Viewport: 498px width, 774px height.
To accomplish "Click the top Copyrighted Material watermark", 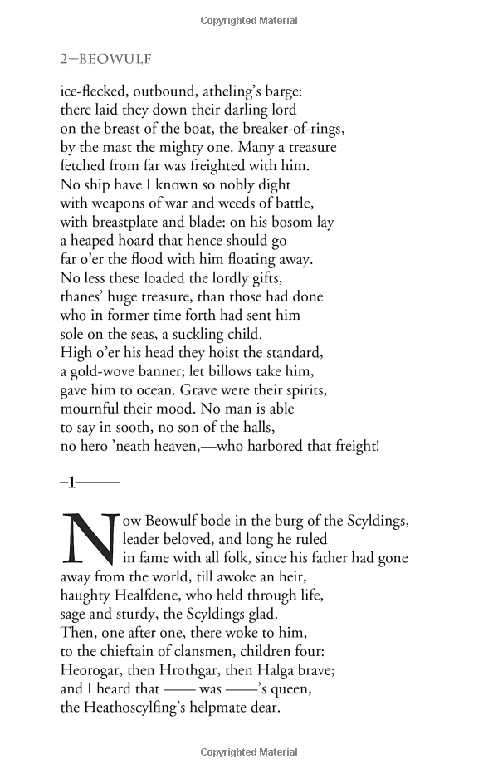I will tap(249, 20).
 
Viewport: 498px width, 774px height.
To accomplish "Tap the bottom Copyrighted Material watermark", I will tap(249, 753).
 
